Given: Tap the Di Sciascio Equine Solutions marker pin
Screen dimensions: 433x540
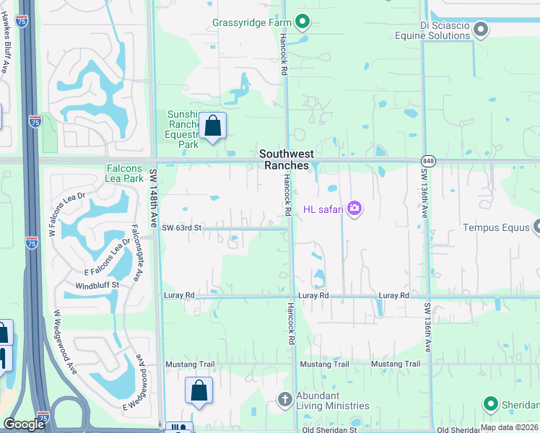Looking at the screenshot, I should [480, 30].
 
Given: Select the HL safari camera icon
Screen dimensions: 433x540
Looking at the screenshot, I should [354, 209].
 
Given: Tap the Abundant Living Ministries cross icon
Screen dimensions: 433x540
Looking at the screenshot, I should [285, 399].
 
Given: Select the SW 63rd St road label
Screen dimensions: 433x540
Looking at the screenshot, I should [180, 228].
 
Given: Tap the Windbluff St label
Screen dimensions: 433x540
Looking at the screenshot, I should [97, 286].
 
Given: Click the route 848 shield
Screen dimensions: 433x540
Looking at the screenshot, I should [430, 160].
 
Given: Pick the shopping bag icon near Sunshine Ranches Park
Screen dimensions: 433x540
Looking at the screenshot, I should [213, 126].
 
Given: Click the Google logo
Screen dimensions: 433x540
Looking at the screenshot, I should [25, 424].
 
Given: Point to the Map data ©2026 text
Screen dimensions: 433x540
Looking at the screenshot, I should [509, 427].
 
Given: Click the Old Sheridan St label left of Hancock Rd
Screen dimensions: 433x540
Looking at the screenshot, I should [329, 429].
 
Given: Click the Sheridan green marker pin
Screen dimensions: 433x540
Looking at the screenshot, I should [492, 403].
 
